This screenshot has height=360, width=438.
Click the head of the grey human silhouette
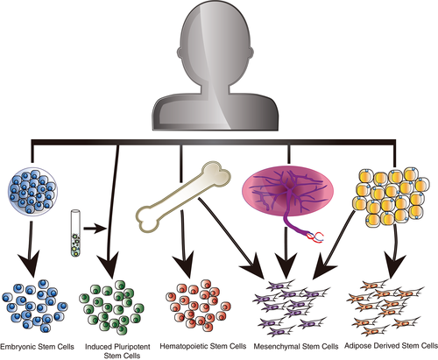tap(215, 44)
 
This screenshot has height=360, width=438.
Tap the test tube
tap(75, 233)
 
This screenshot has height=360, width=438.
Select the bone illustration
tap(183, 197)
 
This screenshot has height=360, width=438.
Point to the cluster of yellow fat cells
tap(391, 198)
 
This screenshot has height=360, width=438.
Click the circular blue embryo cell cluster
tap(32, 191)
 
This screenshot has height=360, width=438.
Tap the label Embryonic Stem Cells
tap(37, 347)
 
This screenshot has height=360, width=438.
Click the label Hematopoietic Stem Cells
tap(203, 346)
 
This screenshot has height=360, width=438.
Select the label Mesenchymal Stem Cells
tap(296, 347)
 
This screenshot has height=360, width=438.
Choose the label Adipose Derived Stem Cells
tap(391, 346)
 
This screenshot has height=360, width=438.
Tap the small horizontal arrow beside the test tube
tap(95, 229)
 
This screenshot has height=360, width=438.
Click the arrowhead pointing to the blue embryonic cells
tap(29, 264)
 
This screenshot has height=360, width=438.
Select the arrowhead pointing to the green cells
tap(108, 265)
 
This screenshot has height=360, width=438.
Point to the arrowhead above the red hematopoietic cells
tap(183, 265)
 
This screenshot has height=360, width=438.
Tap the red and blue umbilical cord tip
tap(316, 236)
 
